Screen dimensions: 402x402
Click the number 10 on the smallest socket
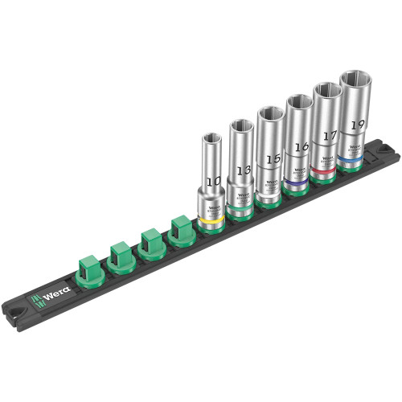[212, 183]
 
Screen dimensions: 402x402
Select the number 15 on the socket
[270, 160]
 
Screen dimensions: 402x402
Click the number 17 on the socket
[327, 137]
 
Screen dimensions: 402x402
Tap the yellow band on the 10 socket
[211, 219]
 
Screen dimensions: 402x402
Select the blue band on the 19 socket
[351, 160]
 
